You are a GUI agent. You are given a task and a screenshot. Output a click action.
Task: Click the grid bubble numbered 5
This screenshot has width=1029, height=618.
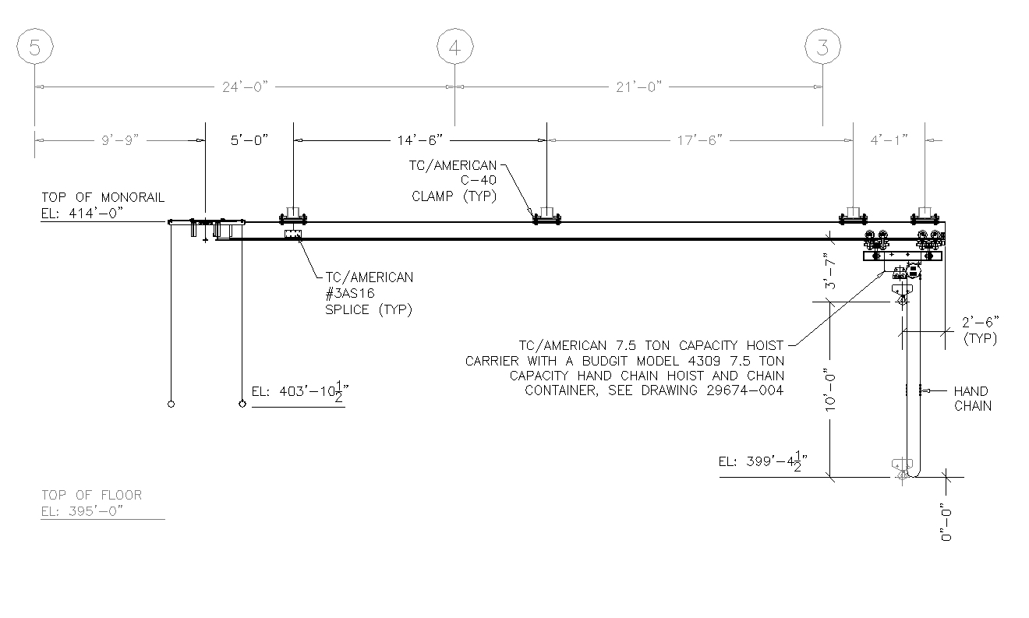(x=34, y=48)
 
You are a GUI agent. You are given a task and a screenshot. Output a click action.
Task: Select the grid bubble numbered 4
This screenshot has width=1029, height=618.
(x=455, y=48)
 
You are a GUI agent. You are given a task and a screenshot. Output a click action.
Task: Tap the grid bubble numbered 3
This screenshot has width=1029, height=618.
(x=822, y=48)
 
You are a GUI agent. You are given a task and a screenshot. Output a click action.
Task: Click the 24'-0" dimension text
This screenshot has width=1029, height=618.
(x=244, y=87)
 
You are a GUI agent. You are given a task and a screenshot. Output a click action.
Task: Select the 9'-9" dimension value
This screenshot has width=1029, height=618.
(x=119, y=140)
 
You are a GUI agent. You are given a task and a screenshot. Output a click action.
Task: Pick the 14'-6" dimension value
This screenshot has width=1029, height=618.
(x=419, y=140)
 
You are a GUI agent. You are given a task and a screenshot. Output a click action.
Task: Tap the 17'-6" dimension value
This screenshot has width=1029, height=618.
(x=699, y=140)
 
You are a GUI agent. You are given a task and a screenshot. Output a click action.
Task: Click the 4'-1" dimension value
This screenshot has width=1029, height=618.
(x=889, y=140)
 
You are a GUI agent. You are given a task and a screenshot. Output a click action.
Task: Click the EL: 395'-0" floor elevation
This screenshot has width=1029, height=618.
(x=83, y=510)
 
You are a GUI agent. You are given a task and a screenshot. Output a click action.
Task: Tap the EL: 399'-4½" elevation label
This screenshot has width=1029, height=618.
(x=762, y=461)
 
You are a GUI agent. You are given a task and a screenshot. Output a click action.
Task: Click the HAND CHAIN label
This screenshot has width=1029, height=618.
(x=972, y=398)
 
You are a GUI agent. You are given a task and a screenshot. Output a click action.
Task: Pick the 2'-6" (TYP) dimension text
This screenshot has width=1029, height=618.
(x=981, y=330)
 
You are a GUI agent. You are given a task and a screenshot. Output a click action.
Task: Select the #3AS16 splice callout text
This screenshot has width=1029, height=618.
(x=359, y=293)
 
